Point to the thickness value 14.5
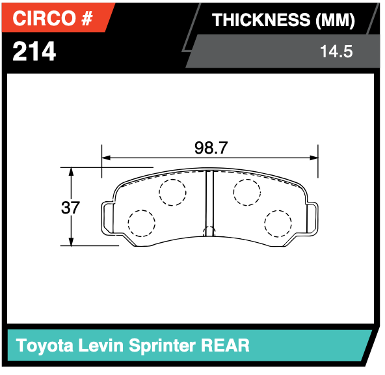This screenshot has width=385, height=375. click(336, 51)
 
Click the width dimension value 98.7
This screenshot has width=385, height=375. click(211, 148)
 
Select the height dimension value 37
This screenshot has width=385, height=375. click(70, 208)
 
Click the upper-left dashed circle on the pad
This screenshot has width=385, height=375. click(172, 192)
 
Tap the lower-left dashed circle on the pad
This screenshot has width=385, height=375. click(141, 223)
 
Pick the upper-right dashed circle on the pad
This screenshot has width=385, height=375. click(247, 192)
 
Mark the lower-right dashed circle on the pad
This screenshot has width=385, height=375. click(278, 223)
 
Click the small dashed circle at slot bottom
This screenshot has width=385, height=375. click(209, 232)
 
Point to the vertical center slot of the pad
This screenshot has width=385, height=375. click(209, 202)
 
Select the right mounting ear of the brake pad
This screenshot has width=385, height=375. click(313, 217)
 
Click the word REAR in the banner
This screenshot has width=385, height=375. click(224, 344)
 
